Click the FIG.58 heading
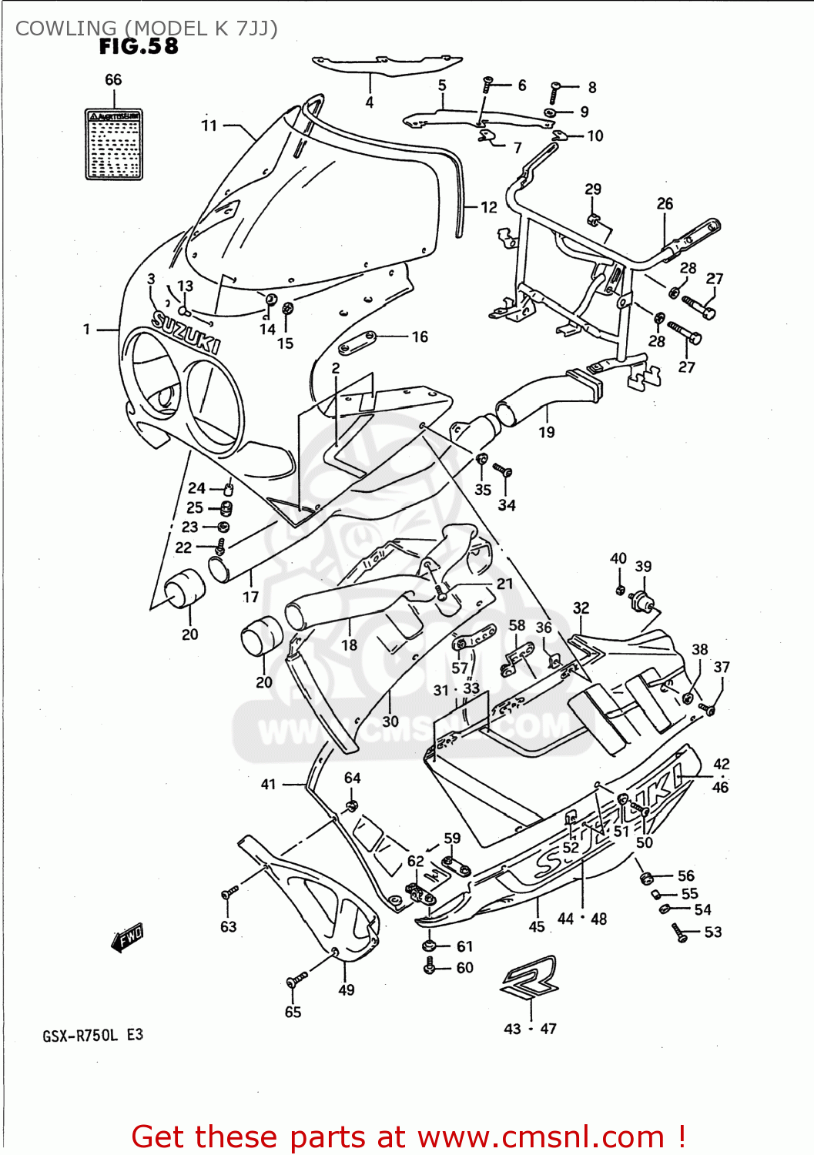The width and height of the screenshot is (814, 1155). (x=139, y=47)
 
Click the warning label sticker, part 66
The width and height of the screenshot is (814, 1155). (x=114, y=145)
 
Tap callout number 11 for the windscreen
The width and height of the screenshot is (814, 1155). (x=209, y=126)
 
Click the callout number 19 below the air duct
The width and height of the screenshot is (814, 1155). (x=547, y=432)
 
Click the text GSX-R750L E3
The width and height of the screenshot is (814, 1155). (x=92, y=1035)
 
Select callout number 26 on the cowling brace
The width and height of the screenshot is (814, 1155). (x=665, y=203)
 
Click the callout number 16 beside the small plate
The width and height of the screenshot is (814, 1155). (x=420, y=336)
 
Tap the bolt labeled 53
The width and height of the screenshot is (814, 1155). (x=679, y=933)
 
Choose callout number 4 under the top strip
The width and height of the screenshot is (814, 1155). (x=370, y=102)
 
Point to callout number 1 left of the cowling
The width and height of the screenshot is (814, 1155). (x=87, y=330)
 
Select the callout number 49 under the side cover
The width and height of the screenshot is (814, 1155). (x=347, y=989)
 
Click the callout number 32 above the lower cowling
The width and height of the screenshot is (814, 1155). (x=581, y=608)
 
